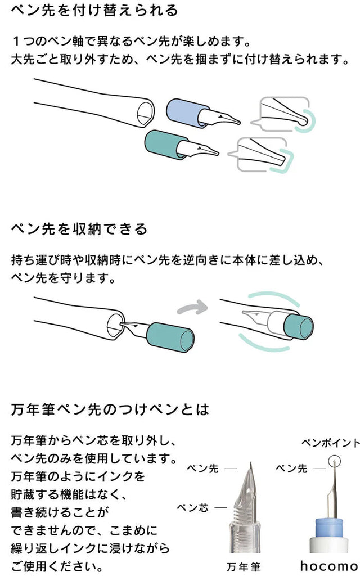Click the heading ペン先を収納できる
[x=79, y=229]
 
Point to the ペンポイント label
[x=330, y=443]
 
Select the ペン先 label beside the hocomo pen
[x=294, y=468]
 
